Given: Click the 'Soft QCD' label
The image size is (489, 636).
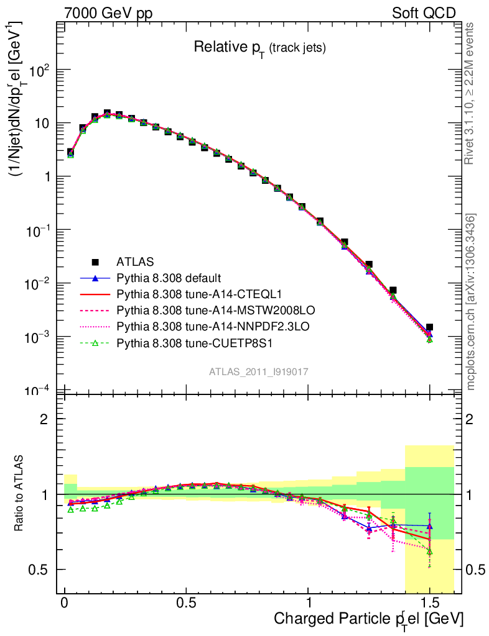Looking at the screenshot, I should pos(424,13).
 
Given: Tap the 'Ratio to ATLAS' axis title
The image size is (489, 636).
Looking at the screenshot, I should pos(20,494).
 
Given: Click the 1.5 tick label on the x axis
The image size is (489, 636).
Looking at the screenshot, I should pos(429,603).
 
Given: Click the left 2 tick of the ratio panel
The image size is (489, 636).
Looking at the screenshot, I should pos(44,419).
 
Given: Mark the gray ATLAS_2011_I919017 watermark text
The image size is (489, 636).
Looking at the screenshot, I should pos(259,371).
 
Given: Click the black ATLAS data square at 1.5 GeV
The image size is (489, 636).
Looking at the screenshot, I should pos(429,327).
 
